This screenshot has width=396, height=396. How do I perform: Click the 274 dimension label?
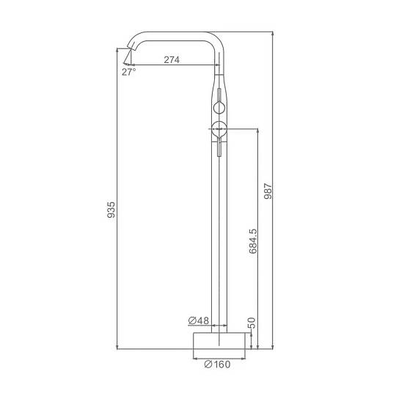[172, 60]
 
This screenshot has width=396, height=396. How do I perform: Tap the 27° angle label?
[129, 72]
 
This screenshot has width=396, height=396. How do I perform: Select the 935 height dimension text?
[111, 210]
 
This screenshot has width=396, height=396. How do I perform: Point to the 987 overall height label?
[268, 191]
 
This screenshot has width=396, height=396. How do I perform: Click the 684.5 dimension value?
[253, 241]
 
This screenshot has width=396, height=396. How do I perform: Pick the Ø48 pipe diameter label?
[199, 320]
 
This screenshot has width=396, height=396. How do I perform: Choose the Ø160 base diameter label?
[217, 364]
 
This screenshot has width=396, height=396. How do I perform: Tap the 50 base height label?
[252, 323]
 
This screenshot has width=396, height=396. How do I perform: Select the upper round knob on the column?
[219, 108]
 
